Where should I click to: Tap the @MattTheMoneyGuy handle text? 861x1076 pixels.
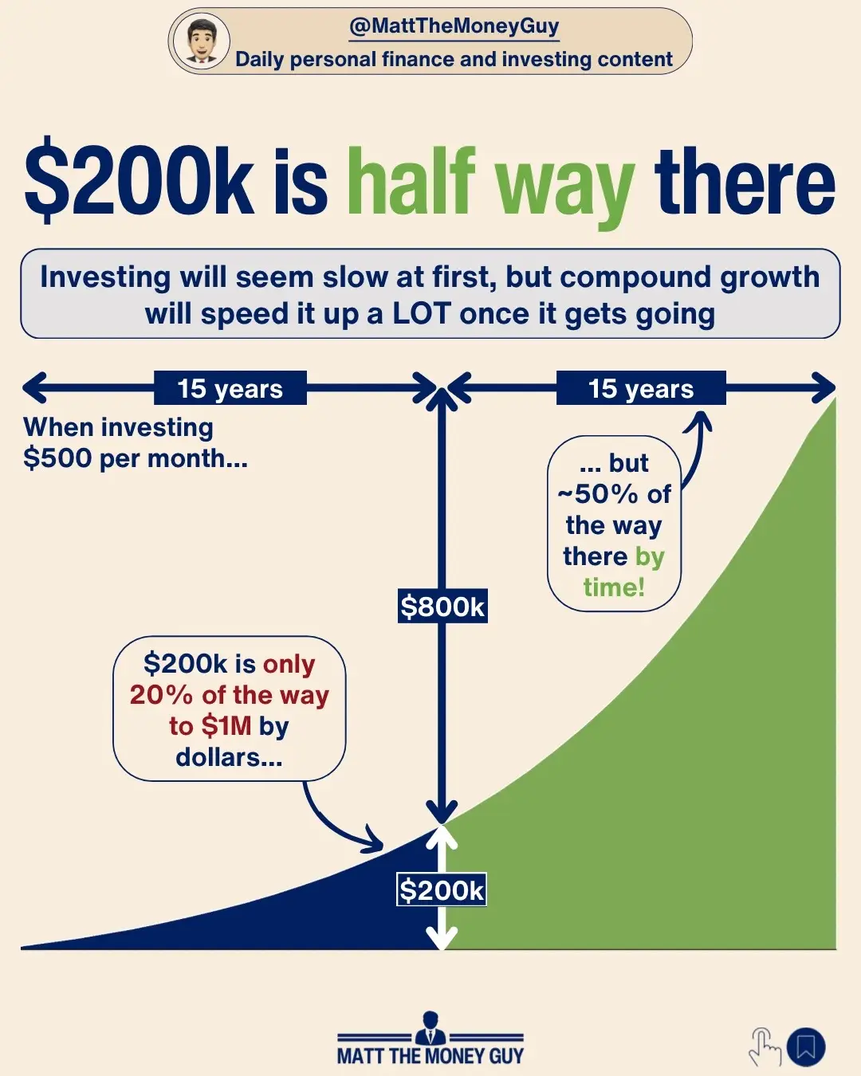[x=454, y=26]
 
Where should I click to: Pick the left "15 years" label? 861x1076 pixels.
[x=230, y=389]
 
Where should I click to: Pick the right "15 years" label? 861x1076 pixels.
[x=641, y=389]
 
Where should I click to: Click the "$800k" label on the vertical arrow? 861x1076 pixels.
[x=442, y=607]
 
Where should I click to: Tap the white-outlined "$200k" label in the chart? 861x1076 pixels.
[x=442, y=890]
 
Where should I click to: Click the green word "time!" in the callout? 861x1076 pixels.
[x=613, y=587]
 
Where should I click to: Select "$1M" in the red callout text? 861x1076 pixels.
[x=226, y=726]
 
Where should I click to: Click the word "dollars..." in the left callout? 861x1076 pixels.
[x=229, y=757]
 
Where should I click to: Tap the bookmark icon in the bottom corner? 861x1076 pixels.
[x=806, y=1047]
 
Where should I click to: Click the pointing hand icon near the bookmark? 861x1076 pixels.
[x=765, y=1047]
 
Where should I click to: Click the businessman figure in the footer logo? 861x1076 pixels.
[x=431, y=1028]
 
